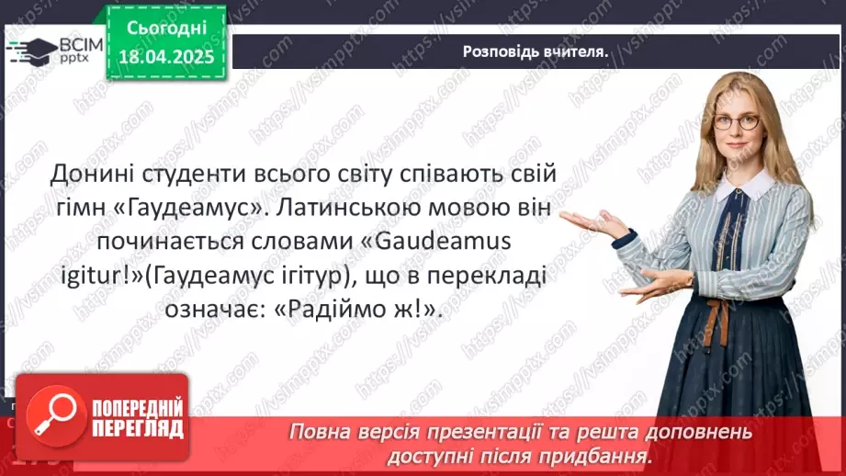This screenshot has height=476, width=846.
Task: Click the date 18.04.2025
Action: coord(166,58)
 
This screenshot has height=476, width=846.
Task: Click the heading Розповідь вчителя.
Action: coord(536,52)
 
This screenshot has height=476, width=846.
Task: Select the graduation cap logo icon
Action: coord(30,49)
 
